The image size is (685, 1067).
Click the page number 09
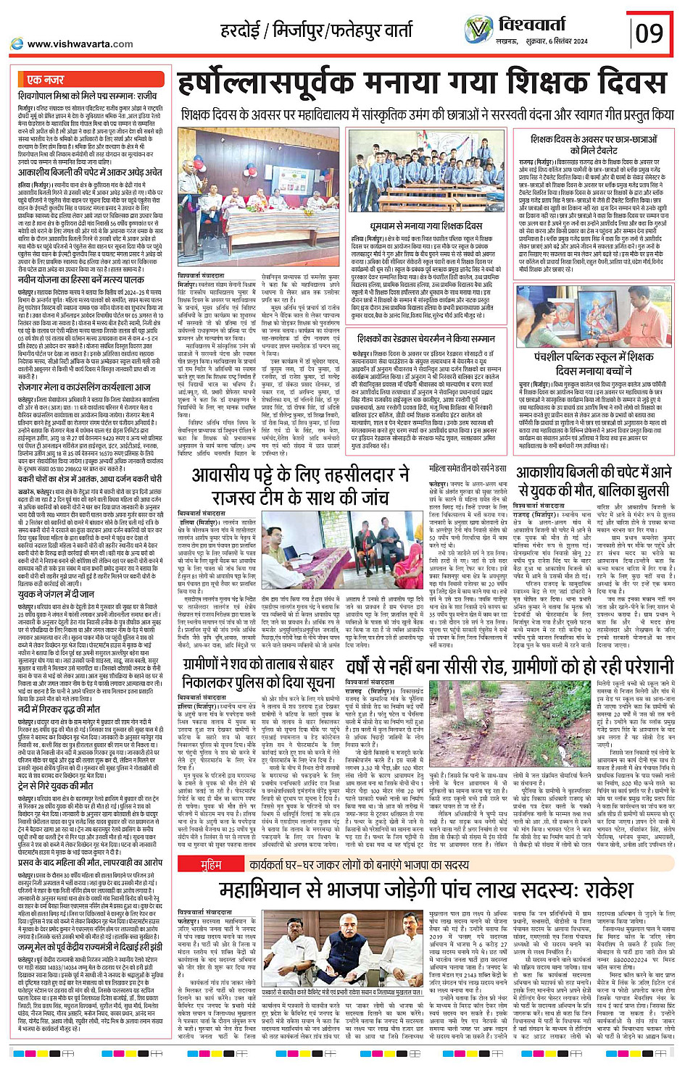click(x=649, y=33)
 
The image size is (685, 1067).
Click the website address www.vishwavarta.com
click(x=80, y=43)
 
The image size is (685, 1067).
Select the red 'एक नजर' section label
click(x=46, y=79)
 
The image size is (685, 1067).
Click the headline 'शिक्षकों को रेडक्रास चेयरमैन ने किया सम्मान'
click(x=426, y=338)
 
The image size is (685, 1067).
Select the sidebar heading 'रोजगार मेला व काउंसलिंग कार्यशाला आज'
click(x=85, y=387)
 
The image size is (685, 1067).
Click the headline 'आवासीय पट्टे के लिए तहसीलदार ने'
click(x=301, y=475)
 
